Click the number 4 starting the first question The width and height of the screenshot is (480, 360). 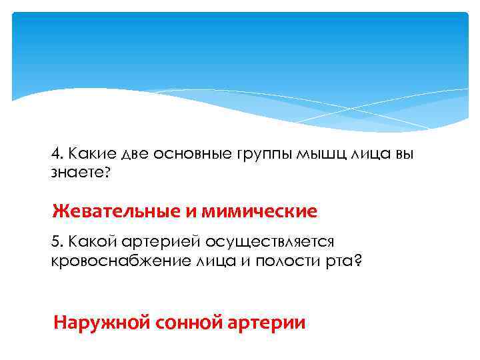pos(55,154)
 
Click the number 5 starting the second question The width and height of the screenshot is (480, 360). pos(55,242)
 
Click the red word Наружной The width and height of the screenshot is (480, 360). pos(102,323)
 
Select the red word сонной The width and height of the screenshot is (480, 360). pos(188,323)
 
